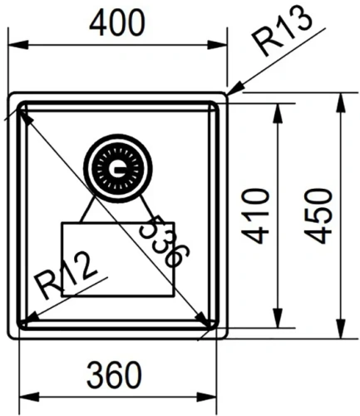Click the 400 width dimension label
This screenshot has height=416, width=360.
117,23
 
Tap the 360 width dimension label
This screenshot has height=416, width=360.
114,374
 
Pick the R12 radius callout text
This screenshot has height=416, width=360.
67,275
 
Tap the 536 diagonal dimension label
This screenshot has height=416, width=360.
164,240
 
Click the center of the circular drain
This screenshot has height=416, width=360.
118,169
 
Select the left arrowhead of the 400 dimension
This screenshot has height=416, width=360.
18,45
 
